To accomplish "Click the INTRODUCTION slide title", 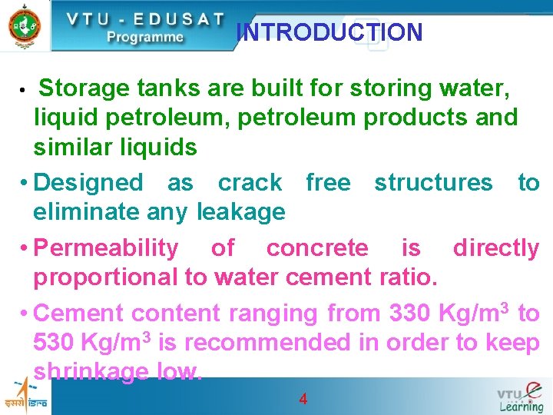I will click(329, 32).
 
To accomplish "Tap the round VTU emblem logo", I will click(25, 25).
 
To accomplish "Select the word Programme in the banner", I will click(145, 37).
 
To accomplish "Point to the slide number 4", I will click(303, 399).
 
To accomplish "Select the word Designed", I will click(89, 183).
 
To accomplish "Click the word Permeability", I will click(107, 248).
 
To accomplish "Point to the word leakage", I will click(241, 211).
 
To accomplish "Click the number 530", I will click(55, 343).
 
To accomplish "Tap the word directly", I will click(496, 248).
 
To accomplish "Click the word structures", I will click(433, 183).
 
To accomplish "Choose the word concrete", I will click(317, 248).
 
